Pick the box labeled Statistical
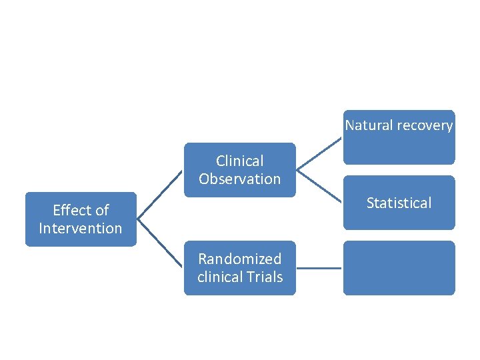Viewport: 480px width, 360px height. pyautogui.click(x=399, y=203)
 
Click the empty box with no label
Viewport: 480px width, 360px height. pyautogui.click(x=399, y=268)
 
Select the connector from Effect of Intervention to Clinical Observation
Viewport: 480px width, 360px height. pyautogui.click(x=160, y=195)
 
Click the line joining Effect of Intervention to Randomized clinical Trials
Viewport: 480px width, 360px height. pyautogui.click(x=160, y=244)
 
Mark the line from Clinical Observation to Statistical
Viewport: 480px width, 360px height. pyautogui.click(x=320, y=186)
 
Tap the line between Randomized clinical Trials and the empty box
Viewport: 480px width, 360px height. pyautogui.click(x=319, y=268)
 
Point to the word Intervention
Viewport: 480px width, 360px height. pyautogui.click(x=81, y=229)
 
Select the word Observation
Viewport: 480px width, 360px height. pyautogui.click(x=239, y=179)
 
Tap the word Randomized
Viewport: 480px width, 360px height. pyautogui.click(x=239, y=259)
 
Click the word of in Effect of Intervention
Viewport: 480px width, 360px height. pyautogui.click(x=101, y=211)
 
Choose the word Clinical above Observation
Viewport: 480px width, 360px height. pyautogui.click(x=239, y=161)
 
